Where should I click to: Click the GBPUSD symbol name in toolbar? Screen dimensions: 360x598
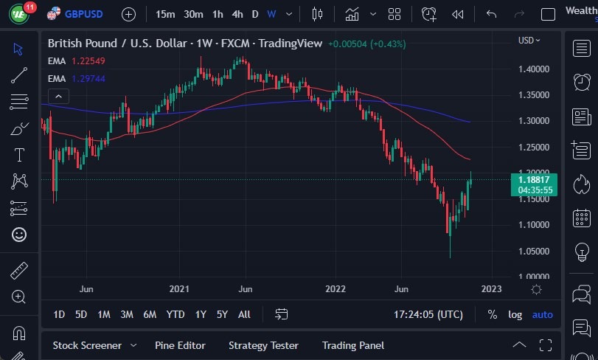coord(83,14)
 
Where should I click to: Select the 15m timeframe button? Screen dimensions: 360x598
coord(166,14)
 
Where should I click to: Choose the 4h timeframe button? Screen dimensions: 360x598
coord(237,14)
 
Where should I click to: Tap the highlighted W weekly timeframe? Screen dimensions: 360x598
coord(271,14)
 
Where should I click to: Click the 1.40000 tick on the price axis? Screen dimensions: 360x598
coord(533,69)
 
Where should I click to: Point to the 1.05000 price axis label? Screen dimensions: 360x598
coord(533,251)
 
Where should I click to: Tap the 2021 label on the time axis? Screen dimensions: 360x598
coord(180,289)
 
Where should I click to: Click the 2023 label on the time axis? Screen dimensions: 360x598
coord(491,289)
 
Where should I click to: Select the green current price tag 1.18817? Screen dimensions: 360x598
coord(533,179)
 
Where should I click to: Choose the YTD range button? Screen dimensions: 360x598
coord(175,314)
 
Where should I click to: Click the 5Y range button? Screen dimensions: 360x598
coord(222,314)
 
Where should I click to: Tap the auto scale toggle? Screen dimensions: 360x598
coord(542,314)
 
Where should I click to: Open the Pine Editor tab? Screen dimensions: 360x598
coord(180,345)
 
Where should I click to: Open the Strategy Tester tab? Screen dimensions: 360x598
coord(263,345)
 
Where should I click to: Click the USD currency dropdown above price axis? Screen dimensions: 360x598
coord(529,41)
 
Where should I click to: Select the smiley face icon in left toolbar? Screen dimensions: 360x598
coord(19,235)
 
